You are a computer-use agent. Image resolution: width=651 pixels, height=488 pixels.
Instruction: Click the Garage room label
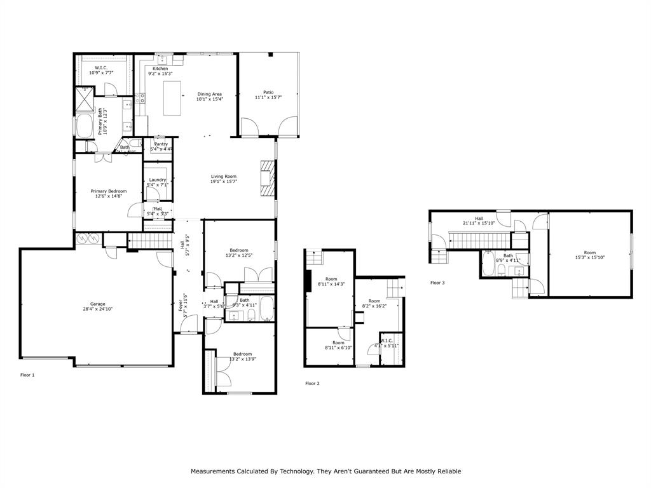click(x=97, y=304)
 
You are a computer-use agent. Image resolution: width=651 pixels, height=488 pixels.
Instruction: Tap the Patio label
click(x=268, y=91)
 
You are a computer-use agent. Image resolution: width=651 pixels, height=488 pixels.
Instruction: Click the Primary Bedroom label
click(x=108, y=191)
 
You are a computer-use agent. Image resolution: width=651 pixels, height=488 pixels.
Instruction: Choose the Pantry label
click(x=161, y=144)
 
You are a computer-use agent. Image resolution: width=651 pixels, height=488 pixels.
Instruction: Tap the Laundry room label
click(x=158, y=180)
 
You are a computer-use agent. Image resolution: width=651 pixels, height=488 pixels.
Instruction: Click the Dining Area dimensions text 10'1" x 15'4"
click(x=209, y=99)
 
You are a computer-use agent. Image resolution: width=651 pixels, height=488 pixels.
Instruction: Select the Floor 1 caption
click(x=27, y=375)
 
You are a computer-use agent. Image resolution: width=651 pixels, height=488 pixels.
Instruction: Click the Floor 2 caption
click(x=312, y=383)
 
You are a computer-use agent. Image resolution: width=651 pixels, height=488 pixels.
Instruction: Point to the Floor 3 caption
click(x=437, y=282)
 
